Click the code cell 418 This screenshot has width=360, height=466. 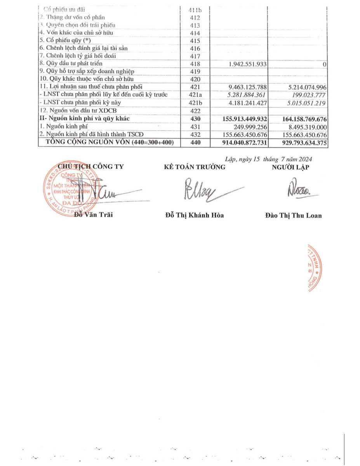click(x=195, y=64)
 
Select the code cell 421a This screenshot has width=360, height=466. click(x=195, y=95)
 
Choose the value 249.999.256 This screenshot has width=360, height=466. click(x=248, y=127)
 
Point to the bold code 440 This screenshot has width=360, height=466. click(x=195, y=143)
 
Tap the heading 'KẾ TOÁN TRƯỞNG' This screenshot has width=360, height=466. click(x=195, y=167)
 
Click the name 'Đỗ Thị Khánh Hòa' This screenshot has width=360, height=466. click(x=195, y=215)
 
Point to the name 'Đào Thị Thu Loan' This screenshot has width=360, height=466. click(x=294, y=216)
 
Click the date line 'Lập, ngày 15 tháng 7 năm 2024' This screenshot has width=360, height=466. click(x=268, y=158)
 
